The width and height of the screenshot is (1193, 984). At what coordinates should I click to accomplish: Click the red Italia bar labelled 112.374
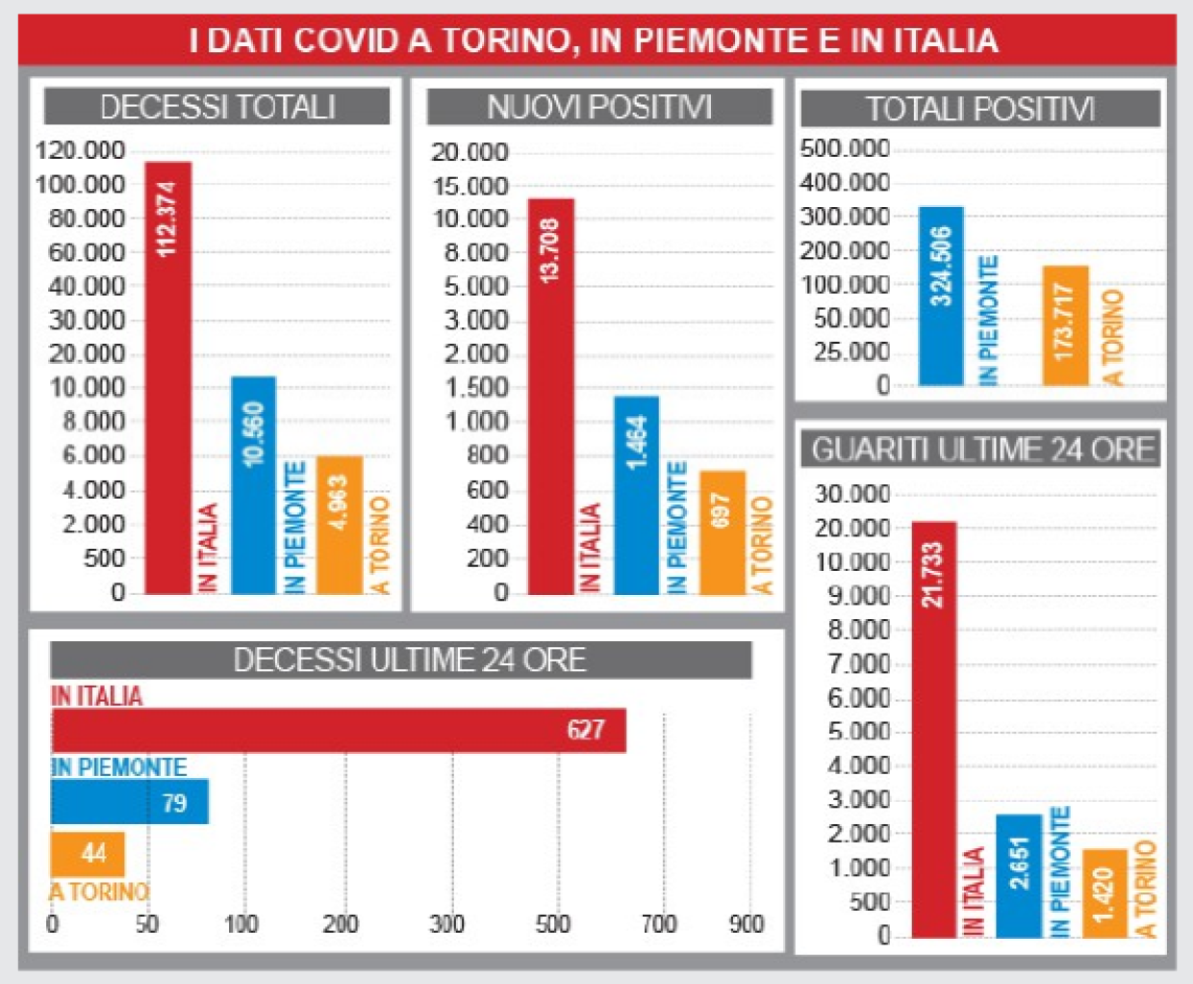[x=168, y=377]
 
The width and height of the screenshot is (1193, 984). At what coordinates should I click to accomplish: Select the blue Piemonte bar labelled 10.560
[x=253, y=484]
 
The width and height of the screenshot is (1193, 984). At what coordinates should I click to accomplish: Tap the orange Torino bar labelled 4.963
[x=340, y=525]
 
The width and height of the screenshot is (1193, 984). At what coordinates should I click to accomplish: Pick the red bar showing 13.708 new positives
[x=550, y=396]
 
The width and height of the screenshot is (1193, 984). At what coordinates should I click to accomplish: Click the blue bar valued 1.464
[x=636, y=495]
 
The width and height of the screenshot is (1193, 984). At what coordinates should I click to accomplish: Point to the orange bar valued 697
[x=723, y=532]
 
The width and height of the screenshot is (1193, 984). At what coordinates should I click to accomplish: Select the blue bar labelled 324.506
[x=941, y=297]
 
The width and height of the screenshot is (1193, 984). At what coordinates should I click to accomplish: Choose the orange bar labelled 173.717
[x=1065, y=325]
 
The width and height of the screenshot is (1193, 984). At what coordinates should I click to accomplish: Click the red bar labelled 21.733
[x=933, y=729]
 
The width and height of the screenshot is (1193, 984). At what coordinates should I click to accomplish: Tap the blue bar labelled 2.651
[x=1019, y=875]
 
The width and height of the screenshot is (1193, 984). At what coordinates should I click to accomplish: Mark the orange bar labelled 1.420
[x=1104, y=893]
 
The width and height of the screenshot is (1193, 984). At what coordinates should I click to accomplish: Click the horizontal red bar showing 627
[x=339, y=730]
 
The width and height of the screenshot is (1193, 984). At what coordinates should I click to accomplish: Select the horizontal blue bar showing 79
[x=129, y=802]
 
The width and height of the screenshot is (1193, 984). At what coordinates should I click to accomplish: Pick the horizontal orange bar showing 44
[x=88, y=853]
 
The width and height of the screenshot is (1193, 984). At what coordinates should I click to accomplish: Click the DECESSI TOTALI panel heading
[x=217, y=107]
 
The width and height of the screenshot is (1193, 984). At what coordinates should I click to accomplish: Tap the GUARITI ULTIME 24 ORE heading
[x=981, y=450]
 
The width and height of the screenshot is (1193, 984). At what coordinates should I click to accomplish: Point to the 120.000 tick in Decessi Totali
[x=80, y=150]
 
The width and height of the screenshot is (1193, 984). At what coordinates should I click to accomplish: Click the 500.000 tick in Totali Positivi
[x=845, y=148]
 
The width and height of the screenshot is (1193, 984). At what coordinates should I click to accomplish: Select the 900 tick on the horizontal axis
[x=747, y=924]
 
